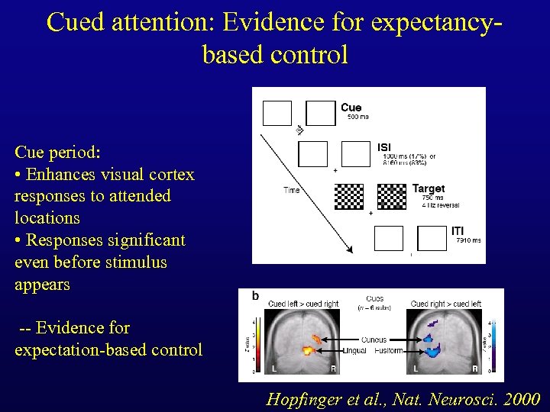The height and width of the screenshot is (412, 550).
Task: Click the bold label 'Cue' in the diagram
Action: point(351,108)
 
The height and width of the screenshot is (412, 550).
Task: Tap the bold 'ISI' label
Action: point(384,147)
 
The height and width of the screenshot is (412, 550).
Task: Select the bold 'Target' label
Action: point(429,188)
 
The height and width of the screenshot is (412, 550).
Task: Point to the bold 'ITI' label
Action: point(458,231)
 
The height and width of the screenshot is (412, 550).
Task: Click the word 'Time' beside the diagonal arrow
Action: point(292,190)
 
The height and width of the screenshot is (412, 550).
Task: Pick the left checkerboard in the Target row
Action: point(350,197)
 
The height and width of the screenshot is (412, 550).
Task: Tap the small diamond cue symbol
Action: point(299,130)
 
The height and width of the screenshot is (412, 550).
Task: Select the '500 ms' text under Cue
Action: point(357,117)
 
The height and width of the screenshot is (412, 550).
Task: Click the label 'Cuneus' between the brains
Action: point(374,340)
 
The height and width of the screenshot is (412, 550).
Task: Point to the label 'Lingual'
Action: point(355,350)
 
